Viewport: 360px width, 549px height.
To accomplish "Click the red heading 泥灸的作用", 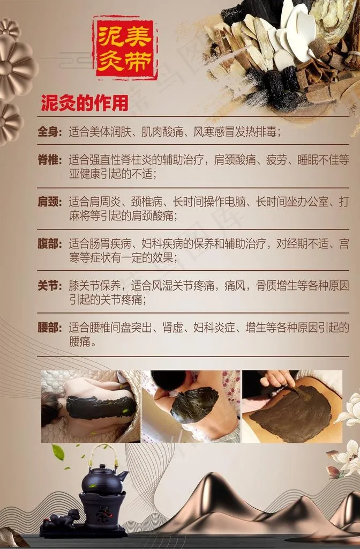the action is (85, 103).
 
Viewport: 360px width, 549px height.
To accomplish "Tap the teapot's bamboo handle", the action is (103, 455).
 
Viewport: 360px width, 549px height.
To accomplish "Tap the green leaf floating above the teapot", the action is (58, 452).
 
